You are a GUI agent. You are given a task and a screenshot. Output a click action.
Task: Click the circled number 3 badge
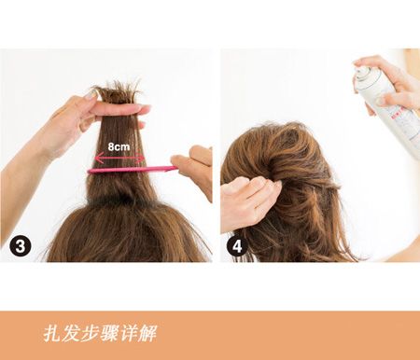20,246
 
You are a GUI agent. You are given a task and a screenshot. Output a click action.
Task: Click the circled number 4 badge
237,246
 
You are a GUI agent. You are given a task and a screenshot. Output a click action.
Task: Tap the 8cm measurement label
119,146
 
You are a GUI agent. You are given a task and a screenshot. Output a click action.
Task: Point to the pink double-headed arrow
119,159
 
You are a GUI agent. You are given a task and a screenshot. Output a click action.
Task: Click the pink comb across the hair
133,170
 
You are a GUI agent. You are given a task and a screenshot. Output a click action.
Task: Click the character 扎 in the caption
51,333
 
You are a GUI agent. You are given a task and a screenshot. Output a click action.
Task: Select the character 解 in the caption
147,333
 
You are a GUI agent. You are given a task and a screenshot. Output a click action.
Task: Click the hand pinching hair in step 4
250,202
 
